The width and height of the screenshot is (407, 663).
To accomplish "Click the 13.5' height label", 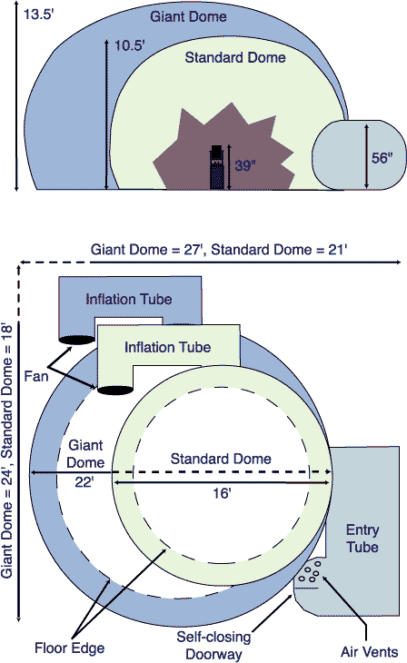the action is (x=38, y=15).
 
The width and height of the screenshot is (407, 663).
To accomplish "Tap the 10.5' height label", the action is (x=130, y=45).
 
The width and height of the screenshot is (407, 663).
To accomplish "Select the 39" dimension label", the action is (x=245, y=165).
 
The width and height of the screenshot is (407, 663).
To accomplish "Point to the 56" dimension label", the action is (x=382, y=158).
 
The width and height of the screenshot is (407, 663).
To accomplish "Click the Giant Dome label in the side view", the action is (x=188, y=16).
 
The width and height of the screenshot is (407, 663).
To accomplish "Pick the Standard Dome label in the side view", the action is (x=235, y=57).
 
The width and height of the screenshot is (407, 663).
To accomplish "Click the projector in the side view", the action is (x=216, y=167).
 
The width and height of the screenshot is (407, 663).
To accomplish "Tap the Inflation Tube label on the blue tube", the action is (x=129, y=300).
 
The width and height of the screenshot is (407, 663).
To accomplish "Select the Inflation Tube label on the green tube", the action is (x=167, y=348).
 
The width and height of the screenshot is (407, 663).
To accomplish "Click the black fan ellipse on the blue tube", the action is (x=76, y=340).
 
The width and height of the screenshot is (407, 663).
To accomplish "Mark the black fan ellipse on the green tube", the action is (x=115, y=390).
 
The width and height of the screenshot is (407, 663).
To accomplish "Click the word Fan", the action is (x=36, y=376).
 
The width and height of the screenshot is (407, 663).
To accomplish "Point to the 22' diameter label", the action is (x=84, y=481).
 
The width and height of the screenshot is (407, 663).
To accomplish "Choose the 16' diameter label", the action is (x=222, y=493).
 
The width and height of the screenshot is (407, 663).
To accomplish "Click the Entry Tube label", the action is (x=362, y=539).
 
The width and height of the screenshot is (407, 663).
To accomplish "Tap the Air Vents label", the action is (x=370, y=652).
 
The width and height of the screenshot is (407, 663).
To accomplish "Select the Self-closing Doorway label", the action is (x=214, y=645).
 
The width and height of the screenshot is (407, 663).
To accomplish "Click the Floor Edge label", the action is (x=69, y=648).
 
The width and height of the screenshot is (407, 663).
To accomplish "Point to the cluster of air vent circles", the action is (x=310, y=571).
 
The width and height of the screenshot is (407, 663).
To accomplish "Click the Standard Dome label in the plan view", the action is (x=221, y=459).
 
